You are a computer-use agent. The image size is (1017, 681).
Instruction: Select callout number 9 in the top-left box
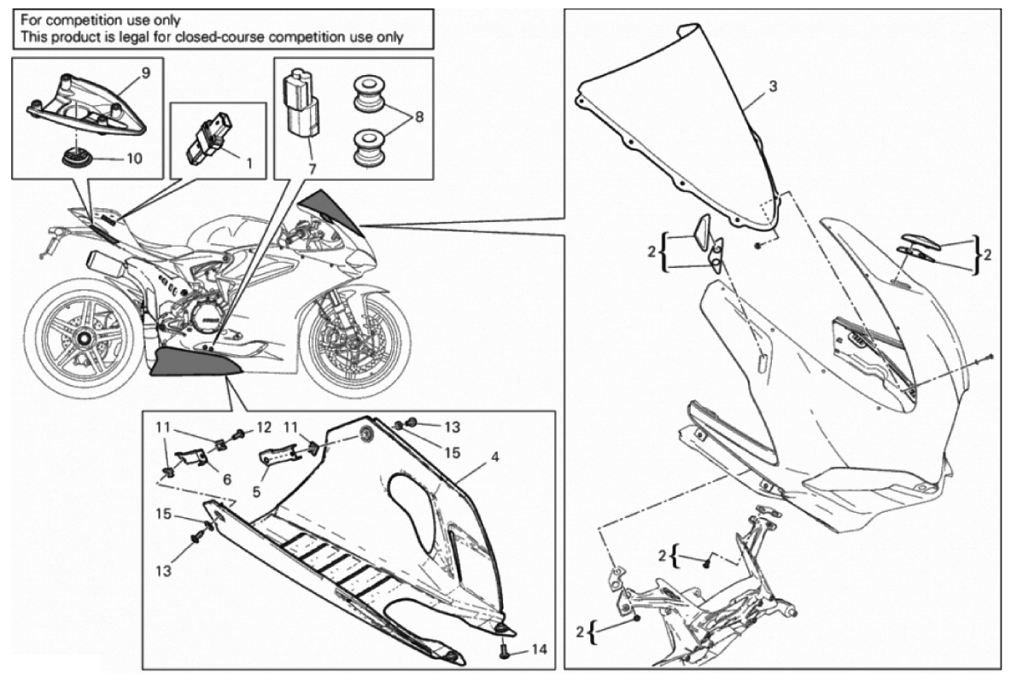tap(145, 73)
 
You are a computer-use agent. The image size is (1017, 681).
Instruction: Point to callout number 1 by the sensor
tap(248, 159)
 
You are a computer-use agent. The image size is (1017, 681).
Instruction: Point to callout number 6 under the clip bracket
tap(227, 480)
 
